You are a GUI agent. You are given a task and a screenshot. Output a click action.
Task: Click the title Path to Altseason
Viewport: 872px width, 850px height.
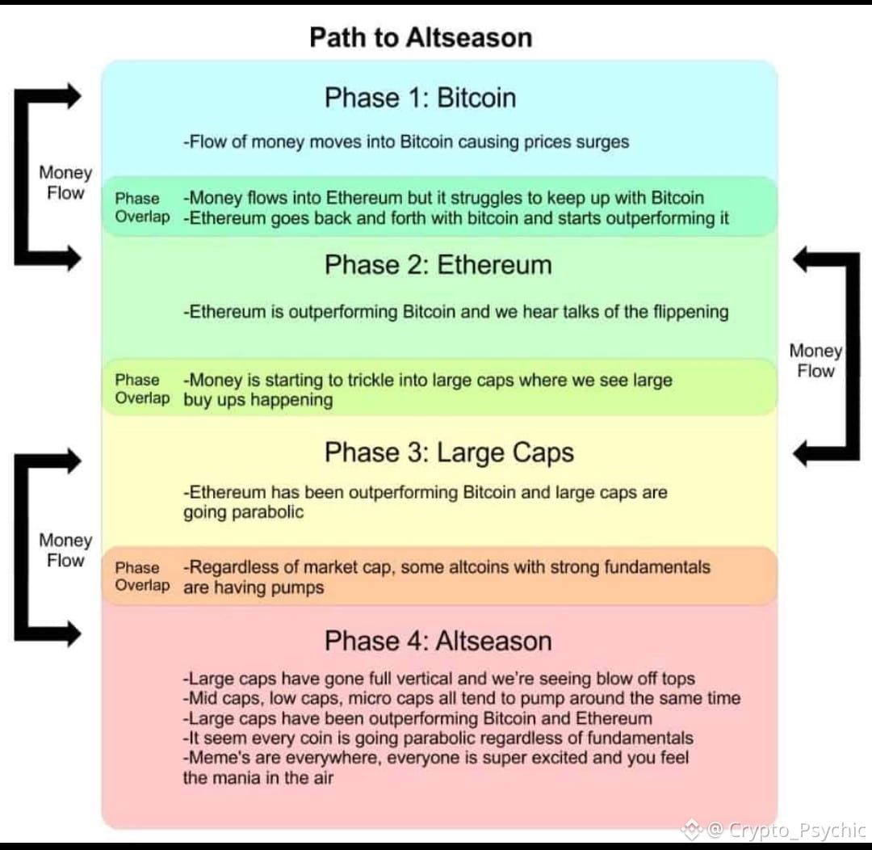click(421, 38)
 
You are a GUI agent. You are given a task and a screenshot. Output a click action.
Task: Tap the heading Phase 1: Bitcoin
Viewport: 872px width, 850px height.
click(420, 98)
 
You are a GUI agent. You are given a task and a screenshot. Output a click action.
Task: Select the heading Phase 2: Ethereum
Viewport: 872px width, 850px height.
click(438, 265)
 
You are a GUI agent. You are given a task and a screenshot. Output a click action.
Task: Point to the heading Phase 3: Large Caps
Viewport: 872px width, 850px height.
click(449, 452)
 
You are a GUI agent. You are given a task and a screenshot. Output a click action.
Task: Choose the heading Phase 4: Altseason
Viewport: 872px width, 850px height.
click(438, 642)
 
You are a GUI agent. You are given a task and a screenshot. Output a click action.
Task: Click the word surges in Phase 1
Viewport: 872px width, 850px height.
click(602, 142)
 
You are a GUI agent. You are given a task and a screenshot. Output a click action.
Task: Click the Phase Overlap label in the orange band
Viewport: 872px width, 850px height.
click(142, 577)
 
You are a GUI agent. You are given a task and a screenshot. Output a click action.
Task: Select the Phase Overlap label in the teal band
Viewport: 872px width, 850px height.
click(142, 208)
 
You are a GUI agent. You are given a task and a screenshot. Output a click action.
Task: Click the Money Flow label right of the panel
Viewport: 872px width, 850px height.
click(815, 361)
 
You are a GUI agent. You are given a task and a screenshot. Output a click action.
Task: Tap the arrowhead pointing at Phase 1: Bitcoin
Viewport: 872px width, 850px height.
click(71, 95)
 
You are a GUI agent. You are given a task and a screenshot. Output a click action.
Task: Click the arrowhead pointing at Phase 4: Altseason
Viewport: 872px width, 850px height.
click(71, 633)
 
